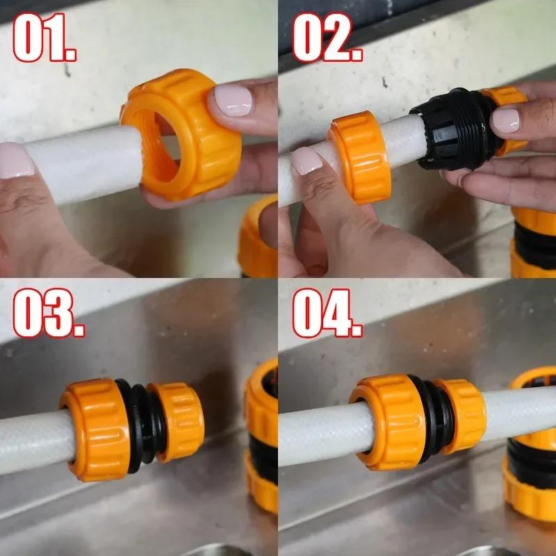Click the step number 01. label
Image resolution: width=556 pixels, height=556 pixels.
(x=44, y=38)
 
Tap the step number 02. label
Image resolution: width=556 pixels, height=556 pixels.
(x=327, y=38)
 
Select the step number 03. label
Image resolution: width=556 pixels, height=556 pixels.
(x=49, y=312)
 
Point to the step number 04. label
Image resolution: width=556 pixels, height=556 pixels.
(x=327, y=312)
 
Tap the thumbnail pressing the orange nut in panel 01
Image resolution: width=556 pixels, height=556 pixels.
(x=233, y=101)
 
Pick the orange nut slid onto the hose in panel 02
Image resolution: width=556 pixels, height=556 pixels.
(x=360, y=157)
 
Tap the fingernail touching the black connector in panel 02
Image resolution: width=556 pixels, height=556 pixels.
(x=506, y=120)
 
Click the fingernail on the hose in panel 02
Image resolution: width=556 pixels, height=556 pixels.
(x=307, y=161)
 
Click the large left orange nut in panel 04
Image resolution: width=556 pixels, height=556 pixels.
(x=389, y=422)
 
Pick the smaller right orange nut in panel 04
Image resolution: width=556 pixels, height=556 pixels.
(x=461, y=416)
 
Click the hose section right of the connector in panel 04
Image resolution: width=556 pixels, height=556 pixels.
(x=521, y=413)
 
